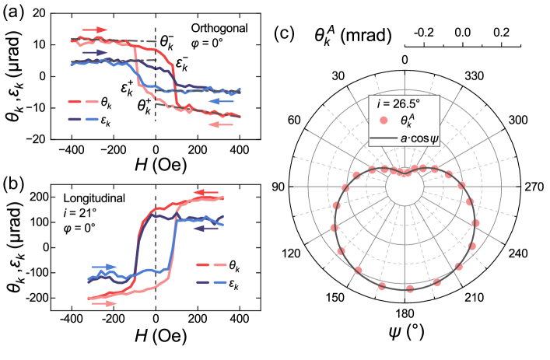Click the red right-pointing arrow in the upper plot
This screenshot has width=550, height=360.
point(94,30)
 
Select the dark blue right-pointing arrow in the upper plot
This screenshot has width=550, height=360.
point(94,52)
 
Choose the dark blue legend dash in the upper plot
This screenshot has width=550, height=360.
point(75,119)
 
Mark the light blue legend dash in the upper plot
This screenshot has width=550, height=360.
point(92,119)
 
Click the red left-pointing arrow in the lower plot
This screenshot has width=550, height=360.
point(206,193)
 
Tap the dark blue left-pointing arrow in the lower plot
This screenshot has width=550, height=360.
point(206,229)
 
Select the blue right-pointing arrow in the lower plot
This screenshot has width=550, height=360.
point(104,267)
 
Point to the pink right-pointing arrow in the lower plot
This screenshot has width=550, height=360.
point(104,303)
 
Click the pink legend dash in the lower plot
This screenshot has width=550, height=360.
point(220,264)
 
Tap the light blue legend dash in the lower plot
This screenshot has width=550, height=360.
point(220,281)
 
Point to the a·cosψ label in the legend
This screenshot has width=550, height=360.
point(419,138)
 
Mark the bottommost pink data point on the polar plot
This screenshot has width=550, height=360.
point(409,288)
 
